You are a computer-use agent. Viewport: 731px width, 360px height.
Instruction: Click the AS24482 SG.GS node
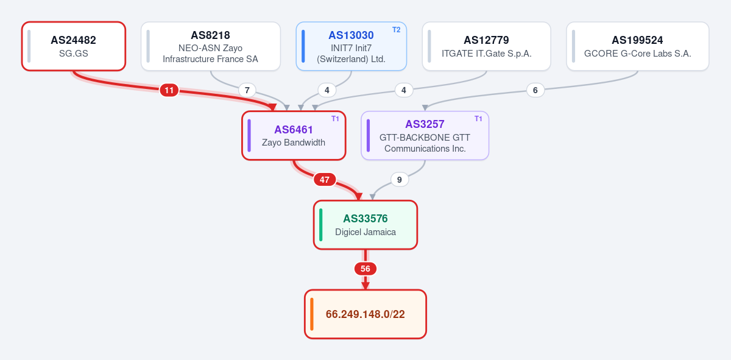74,46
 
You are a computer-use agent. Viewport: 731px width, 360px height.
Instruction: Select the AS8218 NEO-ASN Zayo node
211,46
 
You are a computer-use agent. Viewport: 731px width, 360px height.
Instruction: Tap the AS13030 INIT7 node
351,46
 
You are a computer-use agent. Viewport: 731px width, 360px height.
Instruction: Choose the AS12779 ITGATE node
486,46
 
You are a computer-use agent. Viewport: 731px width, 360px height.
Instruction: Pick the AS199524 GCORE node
638,46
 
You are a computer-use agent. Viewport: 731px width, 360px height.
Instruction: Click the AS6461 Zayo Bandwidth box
294,135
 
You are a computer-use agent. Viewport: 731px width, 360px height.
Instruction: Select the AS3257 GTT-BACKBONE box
425,135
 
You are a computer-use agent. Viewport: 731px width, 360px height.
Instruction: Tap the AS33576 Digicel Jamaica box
365,225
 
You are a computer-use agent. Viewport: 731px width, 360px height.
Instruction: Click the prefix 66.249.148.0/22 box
365,314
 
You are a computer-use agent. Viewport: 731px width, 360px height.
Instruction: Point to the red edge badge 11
169,90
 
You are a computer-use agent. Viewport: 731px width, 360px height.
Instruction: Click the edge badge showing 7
247,90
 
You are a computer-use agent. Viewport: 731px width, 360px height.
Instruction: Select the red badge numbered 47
324,180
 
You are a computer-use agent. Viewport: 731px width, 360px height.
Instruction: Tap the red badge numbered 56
365,269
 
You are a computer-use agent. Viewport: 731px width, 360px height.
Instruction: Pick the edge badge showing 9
399,180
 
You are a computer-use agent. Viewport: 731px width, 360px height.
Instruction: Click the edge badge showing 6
535,90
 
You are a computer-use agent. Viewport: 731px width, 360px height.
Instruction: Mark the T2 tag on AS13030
396,30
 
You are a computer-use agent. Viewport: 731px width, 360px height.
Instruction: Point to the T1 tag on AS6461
335,119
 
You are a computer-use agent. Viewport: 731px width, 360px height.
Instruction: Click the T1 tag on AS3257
478,119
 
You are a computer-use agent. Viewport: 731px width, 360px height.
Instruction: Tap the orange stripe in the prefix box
312,314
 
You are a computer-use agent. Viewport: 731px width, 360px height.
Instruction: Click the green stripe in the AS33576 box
321,225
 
